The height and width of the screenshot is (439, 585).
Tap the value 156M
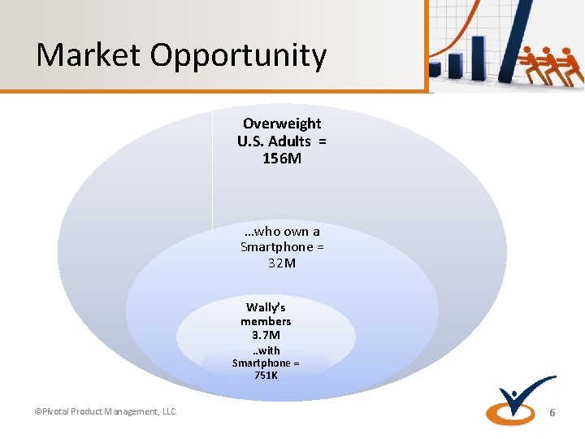pos(282,159)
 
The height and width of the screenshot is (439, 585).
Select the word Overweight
pos(282,124)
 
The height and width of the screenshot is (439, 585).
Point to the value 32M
pos(282,263)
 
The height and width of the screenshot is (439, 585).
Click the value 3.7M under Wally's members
pos(266,335)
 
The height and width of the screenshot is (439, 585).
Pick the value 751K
pos(266,376)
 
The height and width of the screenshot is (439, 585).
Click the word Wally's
pos(266,307)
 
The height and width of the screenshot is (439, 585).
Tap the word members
pos(266,321)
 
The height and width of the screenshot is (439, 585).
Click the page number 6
pos(552,413)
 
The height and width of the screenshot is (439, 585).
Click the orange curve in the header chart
pos(455,41)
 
